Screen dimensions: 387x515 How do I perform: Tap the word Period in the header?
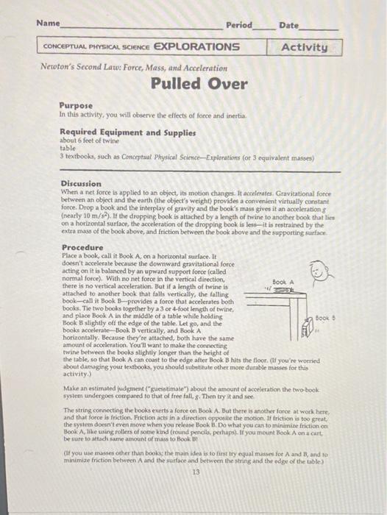pyautogui.click(x=238, y=25)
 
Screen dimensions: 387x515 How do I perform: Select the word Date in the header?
pyautogui.click(x=289, y=25)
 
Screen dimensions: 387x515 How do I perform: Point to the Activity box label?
pyautogui.click(x=304, y=47)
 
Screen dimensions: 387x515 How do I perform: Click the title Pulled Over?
pyautogui.click(x=199, y=83)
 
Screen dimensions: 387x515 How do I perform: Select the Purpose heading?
pyautogui.click(x=76, y=106)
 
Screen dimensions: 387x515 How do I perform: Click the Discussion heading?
pyautogui.click(x=81, y=182)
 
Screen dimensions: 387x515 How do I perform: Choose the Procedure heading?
pyautogui.click(x=82, y=248)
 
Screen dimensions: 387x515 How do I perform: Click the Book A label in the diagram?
pyautogui.click(x=283, y=282)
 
